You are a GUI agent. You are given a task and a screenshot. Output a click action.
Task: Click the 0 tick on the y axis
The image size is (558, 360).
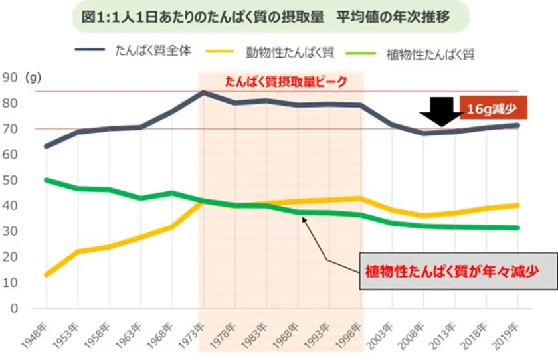coord(13,308)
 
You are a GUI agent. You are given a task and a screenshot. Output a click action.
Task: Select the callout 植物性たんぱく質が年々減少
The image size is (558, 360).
coord(458,271)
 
